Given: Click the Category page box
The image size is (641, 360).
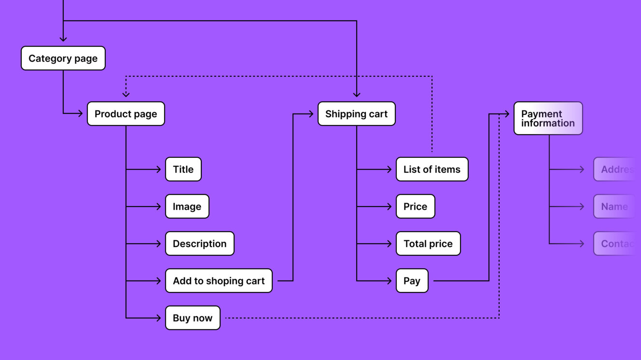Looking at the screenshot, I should pyautogui.click(x=63, y=58).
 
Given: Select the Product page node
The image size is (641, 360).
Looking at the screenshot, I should pyautogui.click(x=125, y=114).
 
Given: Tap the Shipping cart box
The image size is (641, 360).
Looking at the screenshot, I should pyautogui.click(x=356, y=114).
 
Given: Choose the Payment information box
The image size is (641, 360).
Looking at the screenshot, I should pyautogui.click(x=548, y=118).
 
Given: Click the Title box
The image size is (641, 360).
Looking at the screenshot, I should pyautogui.click(x=183, y=169).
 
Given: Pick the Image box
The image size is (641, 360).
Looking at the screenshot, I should pyautogui.click(x=187, y=207).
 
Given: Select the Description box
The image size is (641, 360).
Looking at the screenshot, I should pyautogui.click(x=199, y=244).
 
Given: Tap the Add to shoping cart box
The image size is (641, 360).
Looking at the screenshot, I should pyautogui.click(x=219, y=281).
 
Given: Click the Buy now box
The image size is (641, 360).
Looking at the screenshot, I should pyautogui.click(x=193, y=318).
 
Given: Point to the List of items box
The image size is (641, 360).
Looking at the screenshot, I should pyautogui.click(x=432, y=169).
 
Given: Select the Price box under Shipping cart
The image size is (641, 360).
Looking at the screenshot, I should pyautogui.click(x=415, y=207).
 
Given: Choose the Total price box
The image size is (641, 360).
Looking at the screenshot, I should pyautogui.click(x=428, y=244).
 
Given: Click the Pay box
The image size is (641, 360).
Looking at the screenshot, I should pyautogui.click(x=412, y=281).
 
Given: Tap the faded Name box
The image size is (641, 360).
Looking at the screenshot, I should pyautogui.click(x=614, y=207).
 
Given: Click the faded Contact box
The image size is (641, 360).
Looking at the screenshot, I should pyautogui.click(x=614, y=244).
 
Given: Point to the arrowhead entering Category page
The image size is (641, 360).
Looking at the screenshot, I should pyautogui.click(x=63, y=39).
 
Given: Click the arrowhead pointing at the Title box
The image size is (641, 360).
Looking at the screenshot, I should pyautogui.click(x=158, y=169).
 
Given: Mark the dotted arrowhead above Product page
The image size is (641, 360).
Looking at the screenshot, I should pyautogui.click(x=126, y=94).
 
